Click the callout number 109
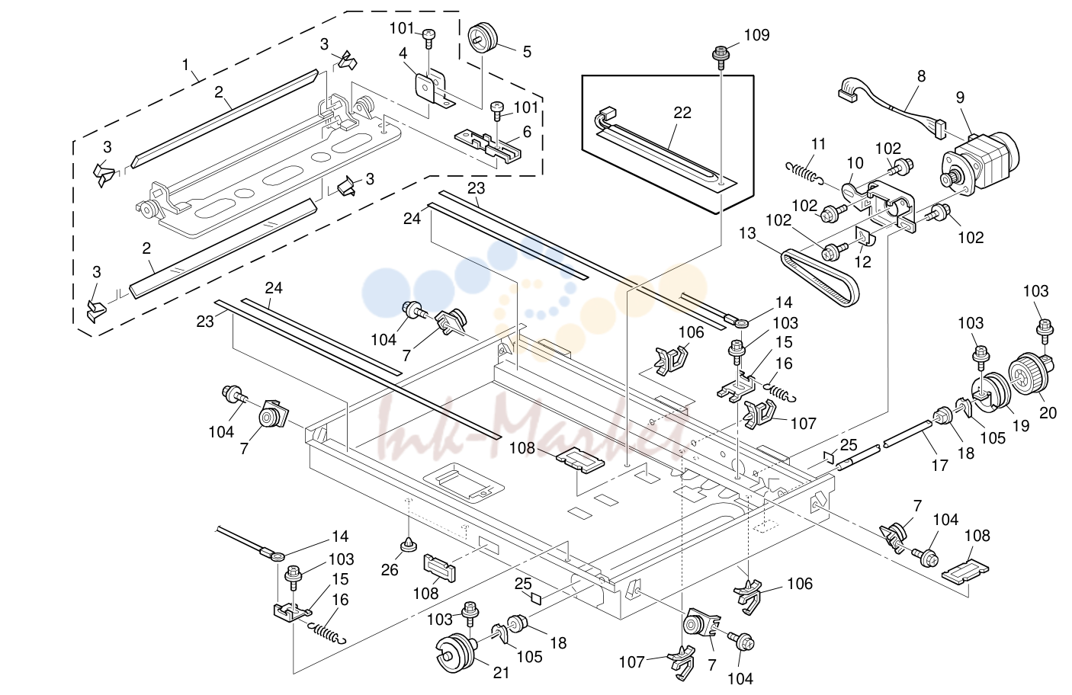coord(756,35)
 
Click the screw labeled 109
coord(721,56)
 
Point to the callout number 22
coord(682,113)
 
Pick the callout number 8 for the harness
coord(921,76)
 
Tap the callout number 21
coord(501,673)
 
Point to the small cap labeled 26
coord(407,544)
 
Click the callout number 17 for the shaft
coord(940,466)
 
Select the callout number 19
coord(1021,426)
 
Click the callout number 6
coord(527,132)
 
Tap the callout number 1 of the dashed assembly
coord(186,64)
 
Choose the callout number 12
coord(863,261)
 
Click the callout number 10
coord(855,163)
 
